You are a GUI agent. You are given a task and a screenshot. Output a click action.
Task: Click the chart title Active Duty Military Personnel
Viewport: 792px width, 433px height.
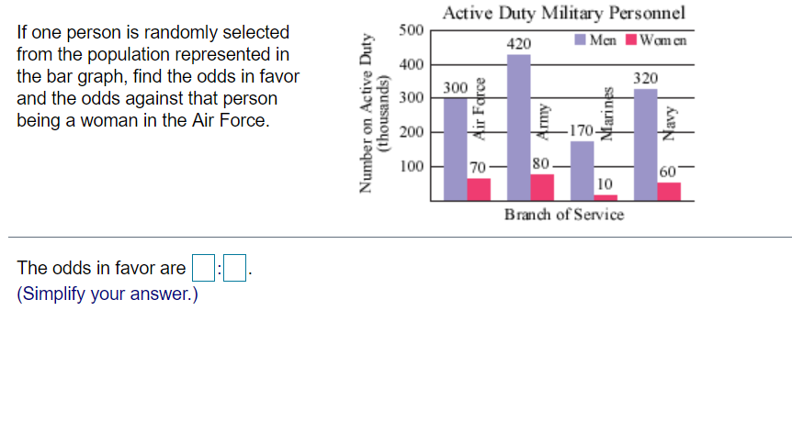[563, 13]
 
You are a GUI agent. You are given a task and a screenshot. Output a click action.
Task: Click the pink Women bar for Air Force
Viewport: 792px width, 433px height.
[479, 189]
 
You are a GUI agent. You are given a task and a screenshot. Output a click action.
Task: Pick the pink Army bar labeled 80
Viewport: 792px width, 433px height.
[543, 186]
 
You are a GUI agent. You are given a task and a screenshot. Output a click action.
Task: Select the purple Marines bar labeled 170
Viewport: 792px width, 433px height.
[582, 171]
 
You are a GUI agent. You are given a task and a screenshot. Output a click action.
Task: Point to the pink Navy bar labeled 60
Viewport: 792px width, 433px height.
[669, 191]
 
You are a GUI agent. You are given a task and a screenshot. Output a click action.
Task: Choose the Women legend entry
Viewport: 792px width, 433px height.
[656, 40]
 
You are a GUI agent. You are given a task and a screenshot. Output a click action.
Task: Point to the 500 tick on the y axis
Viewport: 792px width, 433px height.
[412, 30]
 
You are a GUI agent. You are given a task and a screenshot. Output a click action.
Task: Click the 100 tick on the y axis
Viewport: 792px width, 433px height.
[412, 167]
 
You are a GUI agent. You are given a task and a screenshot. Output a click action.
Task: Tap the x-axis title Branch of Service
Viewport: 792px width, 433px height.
[563, 214]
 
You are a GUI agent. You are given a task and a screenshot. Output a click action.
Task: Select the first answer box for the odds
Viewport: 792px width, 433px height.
[203, 269]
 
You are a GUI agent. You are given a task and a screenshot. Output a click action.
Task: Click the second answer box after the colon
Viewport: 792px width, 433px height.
[236, 269]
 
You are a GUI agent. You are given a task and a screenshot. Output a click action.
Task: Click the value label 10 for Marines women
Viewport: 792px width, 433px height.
[605, 184]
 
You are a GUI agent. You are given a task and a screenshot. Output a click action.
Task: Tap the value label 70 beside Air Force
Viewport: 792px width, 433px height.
[478, 168]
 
